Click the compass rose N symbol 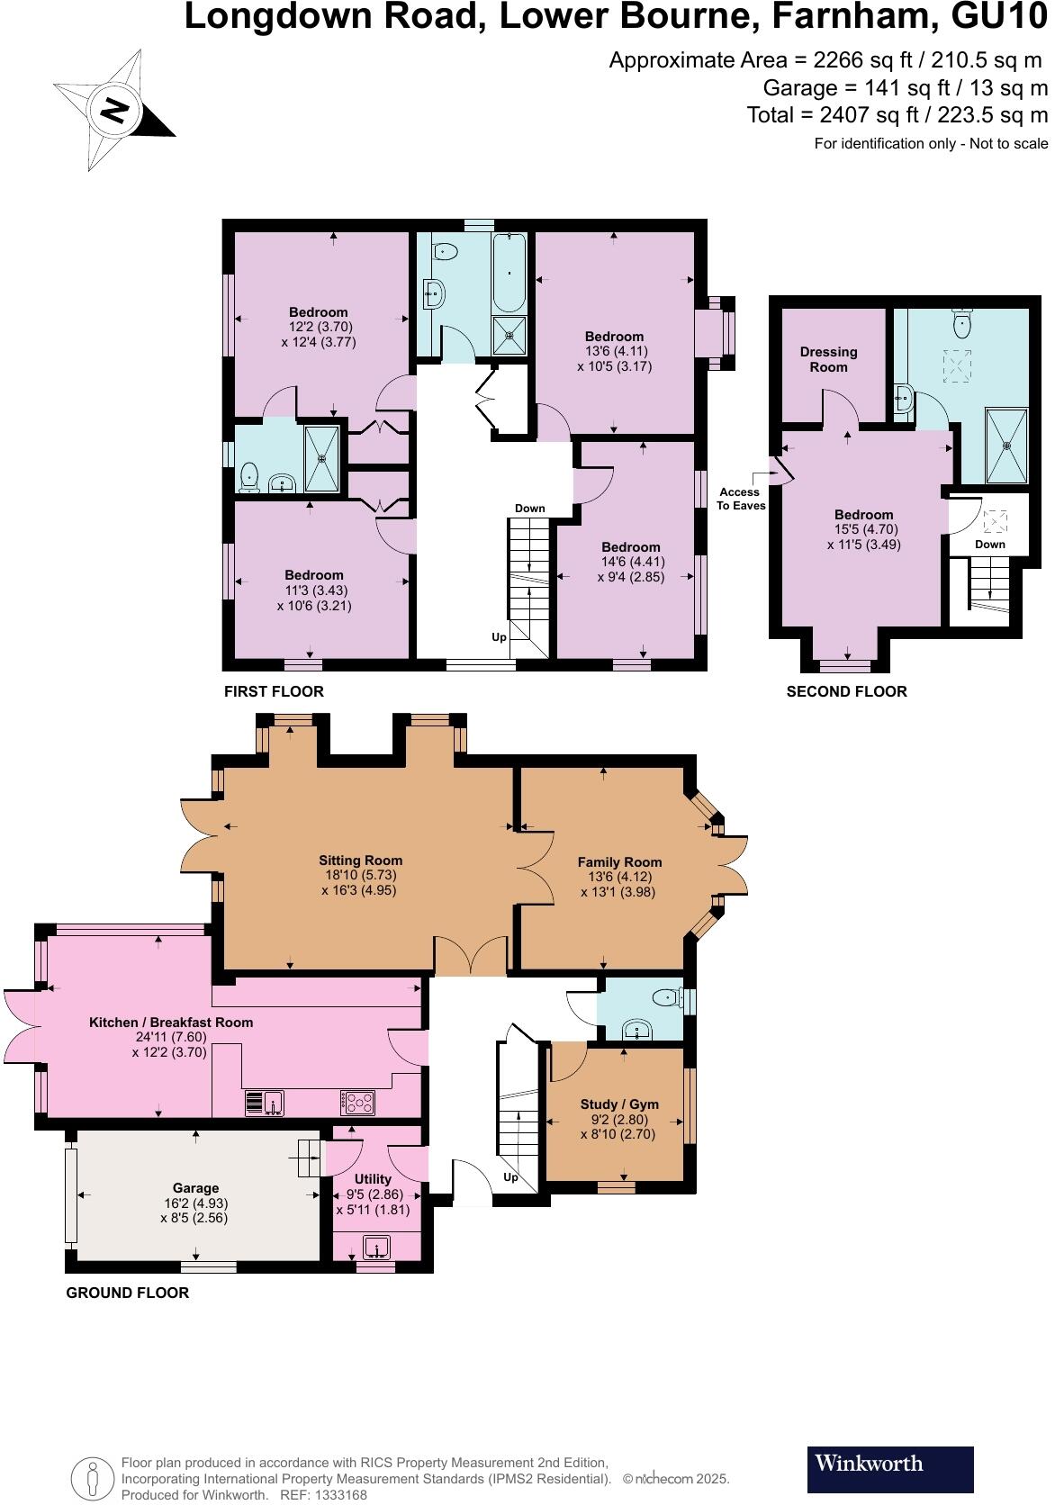[114, 111]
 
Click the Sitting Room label [360, 861]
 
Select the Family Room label [619, 862]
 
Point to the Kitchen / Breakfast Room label [171, 1023]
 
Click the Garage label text [196, 1188]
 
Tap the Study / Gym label [619, 1104]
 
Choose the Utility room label [373, 1179]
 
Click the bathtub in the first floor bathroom [510, 270]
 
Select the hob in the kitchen [357, 1101]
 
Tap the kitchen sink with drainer [265, 1102]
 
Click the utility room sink [377, 1247]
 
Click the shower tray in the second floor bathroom [1005, 446]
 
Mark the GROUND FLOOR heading [127, 1293]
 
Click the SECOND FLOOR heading [846, 691]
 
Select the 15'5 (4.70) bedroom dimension [863, 529]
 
